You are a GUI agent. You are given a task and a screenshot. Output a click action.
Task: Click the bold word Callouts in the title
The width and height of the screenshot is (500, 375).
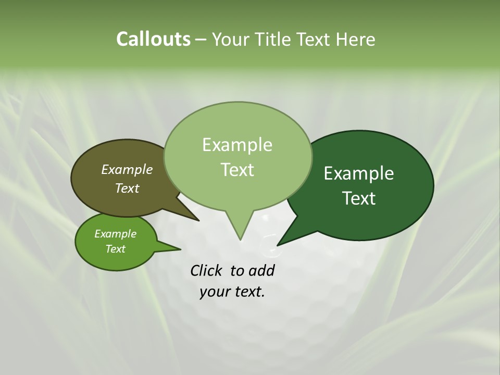153,39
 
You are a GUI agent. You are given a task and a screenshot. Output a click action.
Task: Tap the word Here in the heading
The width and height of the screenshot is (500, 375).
356,39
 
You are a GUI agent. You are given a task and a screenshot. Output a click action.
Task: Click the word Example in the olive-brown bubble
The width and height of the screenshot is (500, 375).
127,169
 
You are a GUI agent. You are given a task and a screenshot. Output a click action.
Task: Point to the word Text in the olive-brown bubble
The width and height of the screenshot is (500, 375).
127,188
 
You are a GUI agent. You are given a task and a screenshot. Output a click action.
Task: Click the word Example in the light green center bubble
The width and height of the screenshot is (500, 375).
237,145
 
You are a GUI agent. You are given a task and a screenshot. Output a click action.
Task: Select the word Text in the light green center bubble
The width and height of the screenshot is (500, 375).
237,170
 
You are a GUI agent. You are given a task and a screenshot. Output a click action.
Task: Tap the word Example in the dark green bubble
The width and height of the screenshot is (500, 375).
359,173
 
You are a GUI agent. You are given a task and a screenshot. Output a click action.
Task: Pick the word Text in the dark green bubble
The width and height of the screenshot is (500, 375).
359,198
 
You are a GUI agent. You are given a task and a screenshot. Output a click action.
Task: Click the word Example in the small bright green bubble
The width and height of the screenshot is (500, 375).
115,234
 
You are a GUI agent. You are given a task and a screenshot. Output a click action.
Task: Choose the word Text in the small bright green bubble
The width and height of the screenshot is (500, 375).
115,249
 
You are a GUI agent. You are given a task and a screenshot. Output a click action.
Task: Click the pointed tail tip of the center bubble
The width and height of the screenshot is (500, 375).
240,240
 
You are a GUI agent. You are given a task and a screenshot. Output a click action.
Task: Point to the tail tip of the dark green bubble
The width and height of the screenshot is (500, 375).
278,245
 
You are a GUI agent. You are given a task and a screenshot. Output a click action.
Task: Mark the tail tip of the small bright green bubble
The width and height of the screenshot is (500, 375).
180,249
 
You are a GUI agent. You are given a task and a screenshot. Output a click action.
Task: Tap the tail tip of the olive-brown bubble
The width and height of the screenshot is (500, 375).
198,220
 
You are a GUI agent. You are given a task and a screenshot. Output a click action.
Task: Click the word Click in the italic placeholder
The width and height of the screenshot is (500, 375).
207,270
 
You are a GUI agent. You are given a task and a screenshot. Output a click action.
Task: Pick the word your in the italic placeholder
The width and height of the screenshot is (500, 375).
214,292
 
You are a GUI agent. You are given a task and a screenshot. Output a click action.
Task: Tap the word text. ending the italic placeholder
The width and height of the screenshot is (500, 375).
248,292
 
